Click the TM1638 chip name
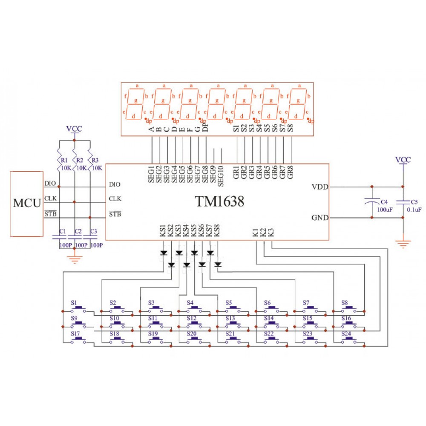click(x=220, y=201)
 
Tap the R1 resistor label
click(x=64, y=160)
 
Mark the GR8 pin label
click(x=291, y=172)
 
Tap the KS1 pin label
click(x=162, y=231)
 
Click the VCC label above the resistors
click(x=74, y=129)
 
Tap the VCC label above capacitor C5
click(x=403, y=160)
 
